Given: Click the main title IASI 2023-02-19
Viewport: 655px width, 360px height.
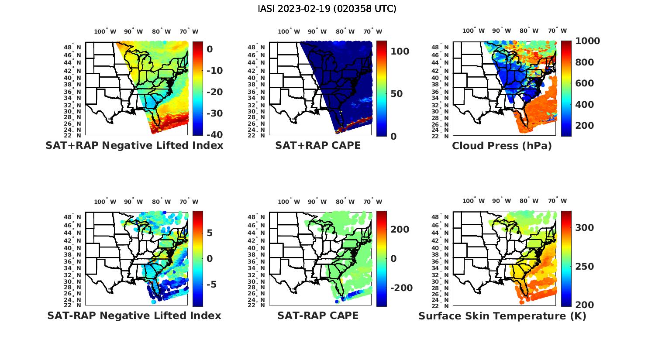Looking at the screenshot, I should tap(327, 9).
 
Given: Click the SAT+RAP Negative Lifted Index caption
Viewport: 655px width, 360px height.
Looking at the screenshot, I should tap(134, 146).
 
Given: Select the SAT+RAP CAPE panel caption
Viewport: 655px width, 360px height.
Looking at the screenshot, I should tap(318, 146).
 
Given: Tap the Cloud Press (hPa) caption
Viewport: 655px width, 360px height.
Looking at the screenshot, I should tap(502, 146).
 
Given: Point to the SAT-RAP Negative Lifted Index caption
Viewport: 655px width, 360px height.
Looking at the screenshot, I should tap(134, 315).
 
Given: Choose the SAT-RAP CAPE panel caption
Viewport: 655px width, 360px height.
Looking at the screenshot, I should tap(318, 315).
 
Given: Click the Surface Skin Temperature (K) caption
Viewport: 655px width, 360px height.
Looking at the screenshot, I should tap(502, 315).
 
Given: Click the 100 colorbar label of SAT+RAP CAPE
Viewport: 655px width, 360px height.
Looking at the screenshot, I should tap(400, 51).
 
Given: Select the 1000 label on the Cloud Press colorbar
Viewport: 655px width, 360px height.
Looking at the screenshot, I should tap(587, 41).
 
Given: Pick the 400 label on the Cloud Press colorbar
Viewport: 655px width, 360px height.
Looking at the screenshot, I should tap(585, 105).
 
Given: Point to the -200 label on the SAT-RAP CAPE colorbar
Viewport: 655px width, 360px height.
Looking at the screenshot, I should tap(401, 288).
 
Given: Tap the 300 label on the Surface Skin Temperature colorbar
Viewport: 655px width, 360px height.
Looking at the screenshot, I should tap(585, 228).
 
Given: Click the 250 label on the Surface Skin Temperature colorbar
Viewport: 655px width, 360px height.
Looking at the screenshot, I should tap(585, 267).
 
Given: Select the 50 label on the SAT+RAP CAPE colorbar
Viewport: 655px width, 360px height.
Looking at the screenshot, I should tap(396, 94).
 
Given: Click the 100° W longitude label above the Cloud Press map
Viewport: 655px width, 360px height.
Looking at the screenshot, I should tap(473, 31).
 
